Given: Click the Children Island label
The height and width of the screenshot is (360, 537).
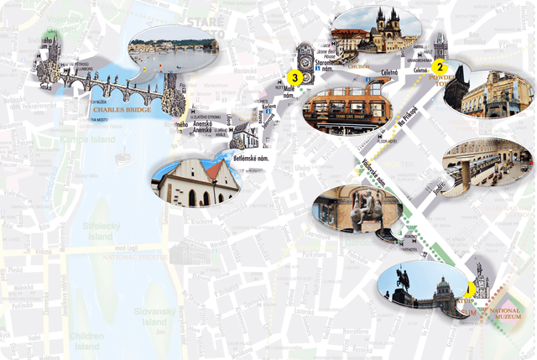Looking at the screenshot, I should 86,340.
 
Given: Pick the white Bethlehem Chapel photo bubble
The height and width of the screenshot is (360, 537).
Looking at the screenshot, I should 196,183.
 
